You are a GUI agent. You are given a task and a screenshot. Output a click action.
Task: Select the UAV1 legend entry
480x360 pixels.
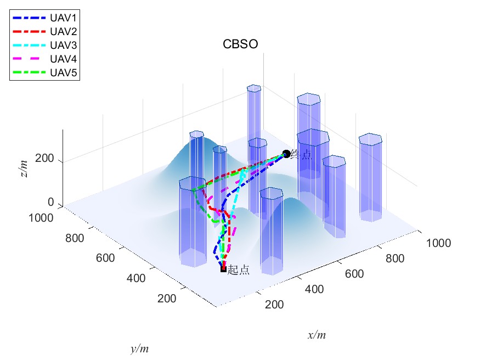pyautogui.click(x=63, y=18)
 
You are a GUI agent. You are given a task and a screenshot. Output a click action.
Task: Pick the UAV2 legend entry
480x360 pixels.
pyautogui.click(x=63, y=31)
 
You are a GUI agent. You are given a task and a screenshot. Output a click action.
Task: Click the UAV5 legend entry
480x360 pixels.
pyautogui.click(x=63, y=72)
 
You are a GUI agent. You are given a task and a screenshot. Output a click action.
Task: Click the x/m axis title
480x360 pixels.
pyautogui.click(x=317, y=335)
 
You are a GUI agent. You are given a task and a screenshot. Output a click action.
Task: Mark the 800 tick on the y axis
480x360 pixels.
pyautogui.click(x=77, y=238)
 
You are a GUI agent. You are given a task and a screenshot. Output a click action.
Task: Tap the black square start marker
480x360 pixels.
pyautogui.click(x=223, y=269)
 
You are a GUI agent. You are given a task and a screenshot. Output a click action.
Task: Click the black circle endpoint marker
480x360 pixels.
pyautogui.click(x=286, y=154)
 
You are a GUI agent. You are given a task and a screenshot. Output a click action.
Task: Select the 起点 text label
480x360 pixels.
pyautogui.click(x=239, y=269)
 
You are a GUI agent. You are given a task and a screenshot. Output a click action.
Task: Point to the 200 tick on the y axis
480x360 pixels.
pyautogui.click(x=166, y=299)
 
